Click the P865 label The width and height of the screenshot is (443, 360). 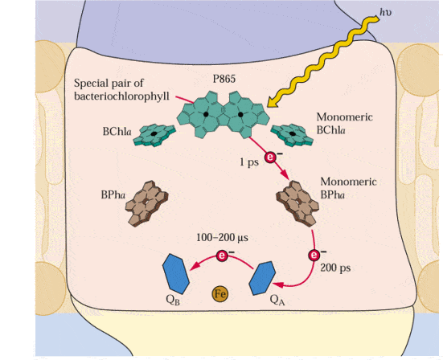click(224, 79)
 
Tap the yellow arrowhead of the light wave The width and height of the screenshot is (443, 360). click(273, 102)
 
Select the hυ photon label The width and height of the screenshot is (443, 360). click(386, 12)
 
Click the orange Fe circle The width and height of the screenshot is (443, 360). click(219, 294)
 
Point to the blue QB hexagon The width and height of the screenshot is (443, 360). click(176, 273)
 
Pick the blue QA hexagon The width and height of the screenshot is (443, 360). click(262, 278)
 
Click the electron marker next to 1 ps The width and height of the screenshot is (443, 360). click(270, 157)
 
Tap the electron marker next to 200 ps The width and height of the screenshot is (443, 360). click(314, 256)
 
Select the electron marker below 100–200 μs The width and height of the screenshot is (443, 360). click(222, 256)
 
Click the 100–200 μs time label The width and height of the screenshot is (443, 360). click(222, 238)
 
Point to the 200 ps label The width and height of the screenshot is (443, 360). click(335, 268)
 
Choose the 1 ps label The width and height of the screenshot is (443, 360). click(249, 162)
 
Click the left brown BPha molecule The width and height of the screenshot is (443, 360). click(146, 203)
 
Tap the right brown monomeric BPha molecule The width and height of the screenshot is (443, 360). click(297, 203)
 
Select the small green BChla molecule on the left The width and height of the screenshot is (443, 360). click(154, 135)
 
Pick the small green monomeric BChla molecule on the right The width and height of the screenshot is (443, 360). click(292, 135)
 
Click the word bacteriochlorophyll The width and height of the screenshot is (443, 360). click(121, 96)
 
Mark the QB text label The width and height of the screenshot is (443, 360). click(173, 300)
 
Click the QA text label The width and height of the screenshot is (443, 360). click(277, 301)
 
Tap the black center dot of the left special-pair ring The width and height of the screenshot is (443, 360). click(206, 114)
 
